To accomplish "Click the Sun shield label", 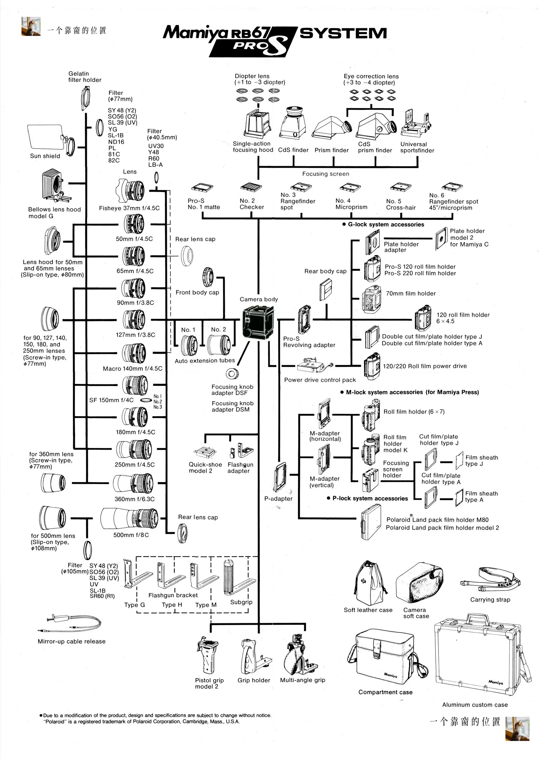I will click(45, 156).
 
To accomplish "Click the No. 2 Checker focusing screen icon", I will click(251, 187).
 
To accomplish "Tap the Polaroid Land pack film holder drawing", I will click(371, 522).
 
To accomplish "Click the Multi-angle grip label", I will click(302, 680).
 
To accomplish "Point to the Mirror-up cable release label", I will click(71, 641).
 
